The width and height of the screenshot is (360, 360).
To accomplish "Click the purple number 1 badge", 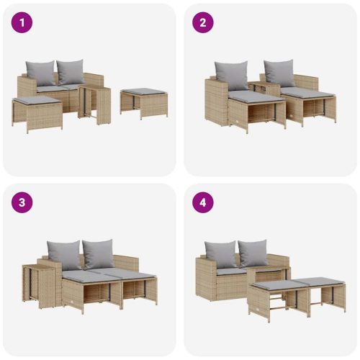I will pos(22,22).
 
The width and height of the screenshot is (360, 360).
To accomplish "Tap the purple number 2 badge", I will pos(202,22).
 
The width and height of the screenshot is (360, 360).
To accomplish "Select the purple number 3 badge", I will pos(22,202).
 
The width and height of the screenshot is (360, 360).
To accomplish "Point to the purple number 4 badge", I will pos(202,202).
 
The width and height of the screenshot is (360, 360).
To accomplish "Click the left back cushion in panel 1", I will pos(40,73).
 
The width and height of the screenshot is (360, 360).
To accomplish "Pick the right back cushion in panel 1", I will pos(70,71).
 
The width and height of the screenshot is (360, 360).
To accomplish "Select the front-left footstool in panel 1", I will pos(37,112).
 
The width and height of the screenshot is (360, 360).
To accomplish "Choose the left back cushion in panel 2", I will pos(230,73).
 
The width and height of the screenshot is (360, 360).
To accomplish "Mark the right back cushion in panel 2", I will pos(278,73).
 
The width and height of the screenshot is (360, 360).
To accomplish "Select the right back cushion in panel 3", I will pos(98,253).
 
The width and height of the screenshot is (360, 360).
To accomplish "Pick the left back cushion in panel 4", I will pos(220,253).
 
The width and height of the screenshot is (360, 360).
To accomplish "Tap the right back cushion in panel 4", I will pos(253,253).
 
